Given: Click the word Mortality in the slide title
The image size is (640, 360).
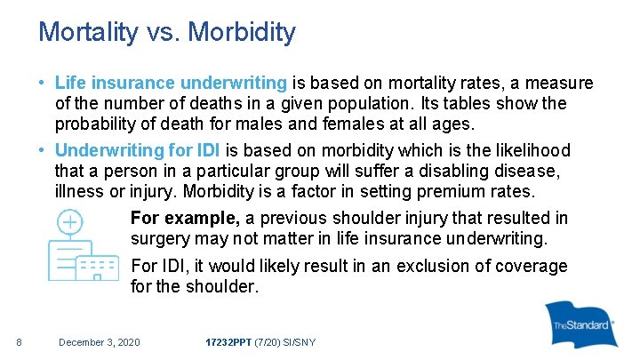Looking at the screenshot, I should click(x=87, y=33).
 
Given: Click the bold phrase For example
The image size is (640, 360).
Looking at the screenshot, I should click(x=185, y=219).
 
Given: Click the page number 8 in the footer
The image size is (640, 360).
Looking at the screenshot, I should click(x=19, y=342).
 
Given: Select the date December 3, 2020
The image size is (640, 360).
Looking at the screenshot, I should click(x=99, y=342).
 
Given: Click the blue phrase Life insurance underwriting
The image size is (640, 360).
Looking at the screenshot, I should click(x=171, y=84).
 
